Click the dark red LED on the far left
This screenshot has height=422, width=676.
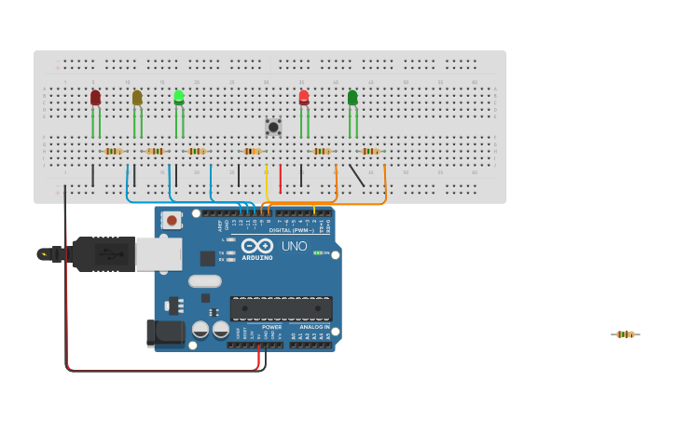coord(95,97)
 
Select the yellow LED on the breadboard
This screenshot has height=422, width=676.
coord(137,97)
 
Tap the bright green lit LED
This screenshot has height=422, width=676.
coord(179,97)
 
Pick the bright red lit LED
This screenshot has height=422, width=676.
coord(304,97)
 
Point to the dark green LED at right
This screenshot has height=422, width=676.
coord(352,97)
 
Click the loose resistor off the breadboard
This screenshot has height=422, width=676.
coord(625,334)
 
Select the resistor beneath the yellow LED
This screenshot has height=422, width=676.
coord(155,151)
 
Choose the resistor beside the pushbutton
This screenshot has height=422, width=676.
coord(252,151)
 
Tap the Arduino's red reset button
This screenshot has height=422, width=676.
coord(172,220)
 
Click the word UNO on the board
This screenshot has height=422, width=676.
coord(295,247)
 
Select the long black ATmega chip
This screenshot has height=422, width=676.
coord(281,308)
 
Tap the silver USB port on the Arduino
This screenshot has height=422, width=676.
coord(159,253)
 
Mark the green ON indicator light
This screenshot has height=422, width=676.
coord(317,252)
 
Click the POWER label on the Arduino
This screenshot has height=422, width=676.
coord(271,327)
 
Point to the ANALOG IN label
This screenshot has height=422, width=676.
coord(314,327)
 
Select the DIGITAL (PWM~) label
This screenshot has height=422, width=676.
coord(291,229)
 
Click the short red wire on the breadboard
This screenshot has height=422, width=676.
coord(280,178)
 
